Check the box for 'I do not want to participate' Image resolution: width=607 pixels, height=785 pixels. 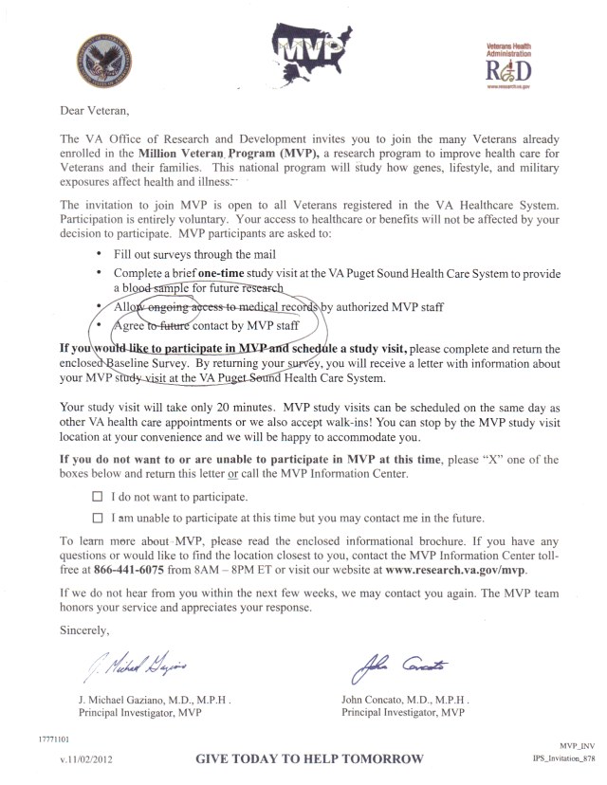[x=97, y=496]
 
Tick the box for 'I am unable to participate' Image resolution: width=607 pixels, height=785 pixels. [x=97, y=518]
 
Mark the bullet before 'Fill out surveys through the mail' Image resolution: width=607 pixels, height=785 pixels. [x=101, y=256]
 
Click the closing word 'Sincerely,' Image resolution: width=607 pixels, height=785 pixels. [x=85, y=628]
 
